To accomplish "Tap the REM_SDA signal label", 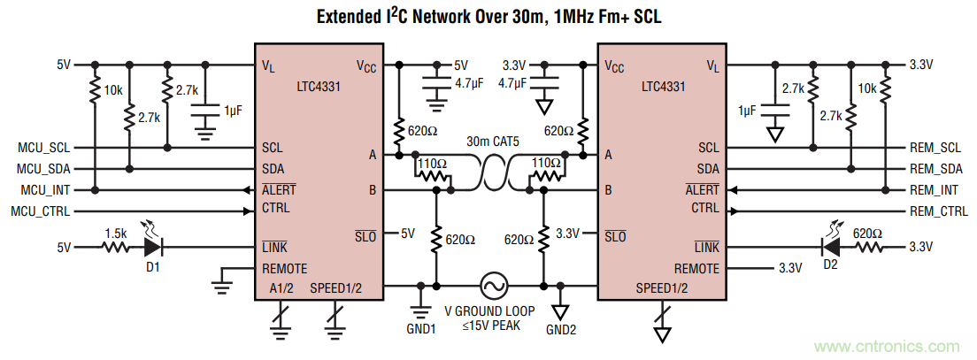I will (x=935, y=168).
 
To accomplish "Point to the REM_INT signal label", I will (x=934, y=189).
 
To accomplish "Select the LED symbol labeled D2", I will (x=829, y=248).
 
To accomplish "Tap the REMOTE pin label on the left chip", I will (x=285, y=268).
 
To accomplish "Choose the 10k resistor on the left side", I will (x=95, y=90).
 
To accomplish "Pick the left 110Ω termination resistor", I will (x=433, y=176).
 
